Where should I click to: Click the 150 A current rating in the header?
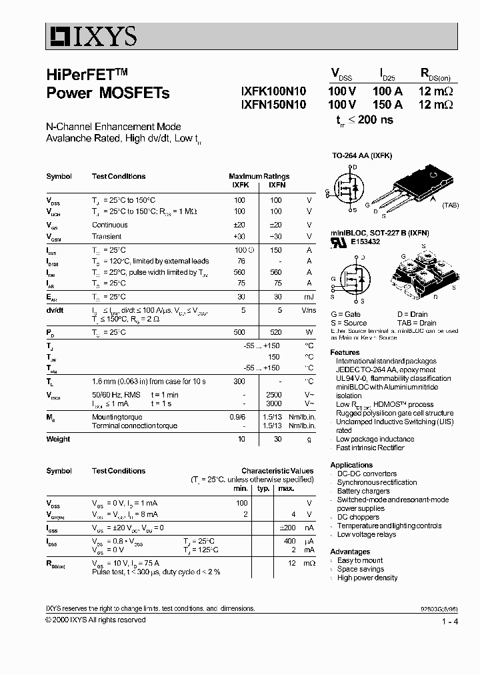pos(387,105)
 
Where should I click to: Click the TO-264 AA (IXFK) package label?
pos(362,155)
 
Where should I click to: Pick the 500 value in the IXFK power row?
pos(239,331)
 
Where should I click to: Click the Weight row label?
pos(58,439)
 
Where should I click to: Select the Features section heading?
pos(345,352)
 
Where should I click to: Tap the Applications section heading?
pos(351,465)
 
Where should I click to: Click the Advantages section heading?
pos(350,552)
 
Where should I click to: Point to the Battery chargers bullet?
pos(363,491)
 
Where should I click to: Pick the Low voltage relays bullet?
pos(366,534)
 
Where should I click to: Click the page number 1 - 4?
pos(449,622)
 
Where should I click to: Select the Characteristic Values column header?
pos(277,471)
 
